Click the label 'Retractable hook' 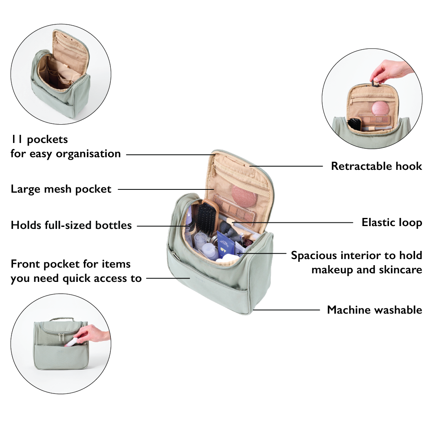point(376,166)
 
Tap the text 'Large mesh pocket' point(61,189)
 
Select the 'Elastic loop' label point(392,222)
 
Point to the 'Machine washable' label point(374,310)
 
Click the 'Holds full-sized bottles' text point(71,225)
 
